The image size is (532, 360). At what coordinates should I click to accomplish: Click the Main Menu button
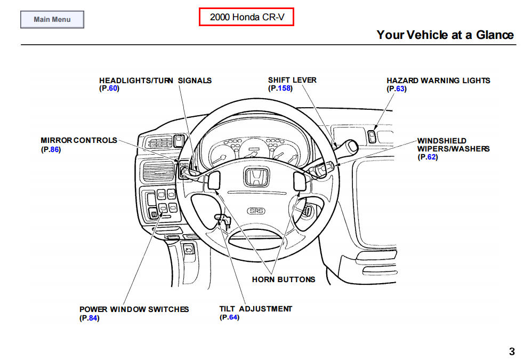(x=52, y=20)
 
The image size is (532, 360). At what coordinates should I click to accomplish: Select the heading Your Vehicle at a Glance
(x=445, y=35)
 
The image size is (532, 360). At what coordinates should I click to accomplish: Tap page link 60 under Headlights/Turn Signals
(x=112, y=89)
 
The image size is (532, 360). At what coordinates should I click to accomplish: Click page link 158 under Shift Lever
(x=284, y=88)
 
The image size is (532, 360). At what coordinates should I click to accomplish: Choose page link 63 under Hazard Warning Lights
(x=400, y=89)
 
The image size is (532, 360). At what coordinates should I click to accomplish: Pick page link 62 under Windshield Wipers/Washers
(x=431, y=157)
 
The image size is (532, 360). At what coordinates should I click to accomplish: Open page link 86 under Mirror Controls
(x=54, y=149)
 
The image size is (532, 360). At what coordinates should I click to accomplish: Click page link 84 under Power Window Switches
(x=93, y=318)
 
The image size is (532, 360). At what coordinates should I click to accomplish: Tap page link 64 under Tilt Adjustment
(x=232, y=317)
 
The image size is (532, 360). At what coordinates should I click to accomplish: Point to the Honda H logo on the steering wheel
(x=255, y=177)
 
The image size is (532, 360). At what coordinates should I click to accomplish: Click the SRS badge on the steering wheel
(x=256, y=211)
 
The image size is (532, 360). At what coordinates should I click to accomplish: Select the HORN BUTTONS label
(x=283, y=279)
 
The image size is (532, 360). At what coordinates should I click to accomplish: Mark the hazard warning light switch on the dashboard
(x=372, y=137)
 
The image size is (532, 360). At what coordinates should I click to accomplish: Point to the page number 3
(x=512, y=351)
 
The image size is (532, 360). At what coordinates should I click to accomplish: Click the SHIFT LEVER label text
(x=292, y=80)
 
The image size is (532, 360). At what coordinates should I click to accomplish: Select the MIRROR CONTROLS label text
(x=79, y=140)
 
